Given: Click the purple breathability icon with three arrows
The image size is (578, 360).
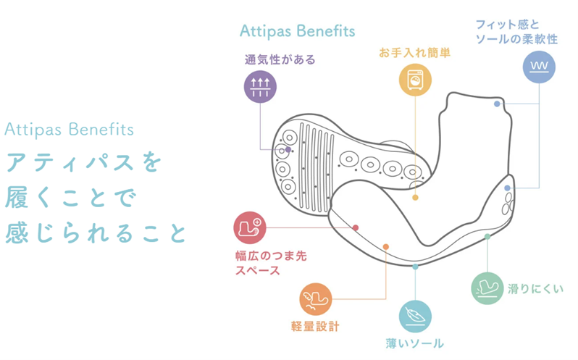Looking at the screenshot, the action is [260, 88].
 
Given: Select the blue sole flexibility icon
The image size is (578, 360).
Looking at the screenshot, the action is [540, 67].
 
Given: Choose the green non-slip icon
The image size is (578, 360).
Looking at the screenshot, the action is [487, 287].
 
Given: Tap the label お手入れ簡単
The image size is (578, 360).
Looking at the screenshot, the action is [415, 52].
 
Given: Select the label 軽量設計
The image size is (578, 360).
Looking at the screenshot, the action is [314, 327].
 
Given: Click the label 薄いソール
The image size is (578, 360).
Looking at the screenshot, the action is [414, 343].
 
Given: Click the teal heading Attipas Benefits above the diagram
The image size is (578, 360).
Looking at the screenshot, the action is [297, 31].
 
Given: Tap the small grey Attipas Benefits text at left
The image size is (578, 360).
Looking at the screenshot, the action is [70, 130].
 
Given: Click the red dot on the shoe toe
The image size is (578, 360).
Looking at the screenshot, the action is [356, 227].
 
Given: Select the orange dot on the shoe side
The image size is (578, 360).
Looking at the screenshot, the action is [386, 247].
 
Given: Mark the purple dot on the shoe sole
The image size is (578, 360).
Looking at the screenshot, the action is [288, 150].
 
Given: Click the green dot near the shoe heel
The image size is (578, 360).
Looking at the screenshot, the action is [487, 236].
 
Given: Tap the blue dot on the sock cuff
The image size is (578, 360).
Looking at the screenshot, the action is [497, 104].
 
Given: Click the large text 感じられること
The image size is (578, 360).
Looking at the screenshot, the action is [96, 233].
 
